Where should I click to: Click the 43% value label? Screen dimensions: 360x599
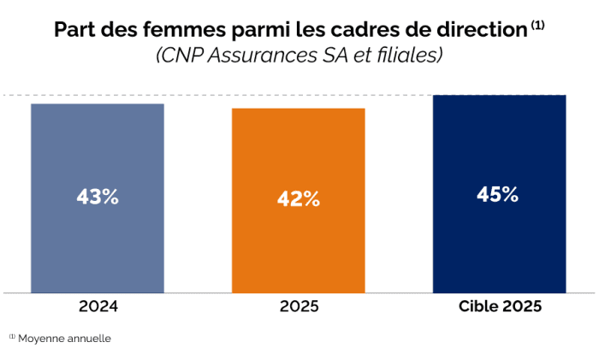click(x=97, y=196)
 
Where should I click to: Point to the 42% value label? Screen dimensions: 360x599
click(x=298, y=199)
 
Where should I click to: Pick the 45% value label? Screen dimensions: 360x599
click(x=498, y=194)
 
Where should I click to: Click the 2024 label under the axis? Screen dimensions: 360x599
click(x=97, y=306)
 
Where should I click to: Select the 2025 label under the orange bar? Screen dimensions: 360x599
click(x=298, y=306)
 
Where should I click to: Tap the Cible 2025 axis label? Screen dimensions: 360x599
click(x=499, y=306)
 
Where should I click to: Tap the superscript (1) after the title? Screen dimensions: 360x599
click(x=537, y=25)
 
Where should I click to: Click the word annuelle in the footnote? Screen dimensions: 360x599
click(x=89, y=338)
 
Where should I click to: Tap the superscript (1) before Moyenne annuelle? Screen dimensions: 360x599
click(x=12, y=336)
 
